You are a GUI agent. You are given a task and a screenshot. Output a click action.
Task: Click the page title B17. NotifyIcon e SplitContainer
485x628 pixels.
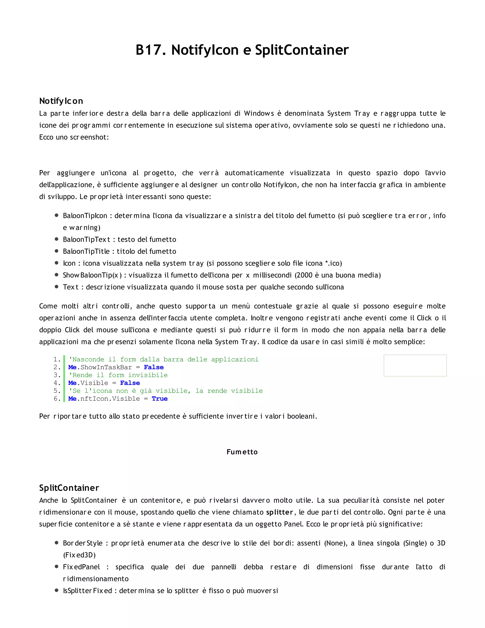pos(242,50)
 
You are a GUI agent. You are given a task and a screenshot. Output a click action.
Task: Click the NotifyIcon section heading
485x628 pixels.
pos(61,101)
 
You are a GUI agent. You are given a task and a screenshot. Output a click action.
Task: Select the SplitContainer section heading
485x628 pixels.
pos(69,488)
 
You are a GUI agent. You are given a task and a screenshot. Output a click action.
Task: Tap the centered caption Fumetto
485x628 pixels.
pos(242,452)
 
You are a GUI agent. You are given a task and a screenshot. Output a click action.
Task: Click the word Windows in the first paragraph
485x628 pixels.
pos(259,113)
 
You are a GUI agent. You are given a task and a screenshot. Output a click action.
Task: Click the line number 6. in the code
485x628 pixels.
pos(57,399)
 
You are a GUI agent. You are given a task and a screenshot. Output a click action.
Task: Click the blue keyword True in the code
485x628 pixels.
pos(159,399)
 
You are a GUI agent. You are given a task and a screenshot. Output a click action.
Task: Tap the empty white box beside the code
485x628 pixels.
pos(415,365)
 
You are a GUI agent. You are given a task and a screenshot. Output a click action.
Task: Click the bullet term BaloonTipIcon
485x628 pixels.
pos(85,216)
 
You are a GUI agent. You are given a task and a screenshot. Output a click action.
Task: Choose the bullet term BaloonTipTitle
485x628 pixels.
pos(86,251)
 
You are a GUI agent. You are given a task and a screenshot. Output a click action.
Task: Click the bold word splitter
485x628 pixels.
pos(279,512)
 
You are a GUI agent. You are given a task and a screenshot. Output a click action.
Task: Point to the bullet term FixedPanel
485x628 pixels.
pos(81,567)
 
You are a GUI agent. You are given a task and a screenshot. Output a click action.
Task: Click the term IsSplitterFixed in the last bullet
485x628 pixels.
pos(87,591)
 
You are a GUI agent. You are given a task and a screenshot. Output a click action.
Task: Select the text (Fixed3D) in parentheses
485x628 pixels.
pos(79,555)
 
